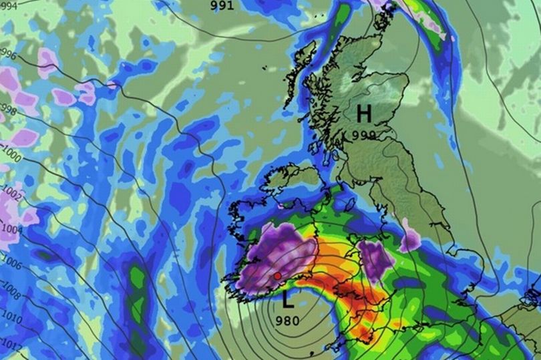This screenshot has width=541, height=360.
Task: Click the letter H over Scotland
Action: [x=365, y=113]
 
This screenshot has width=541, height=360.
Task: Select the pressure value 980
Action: [x=287, y=320]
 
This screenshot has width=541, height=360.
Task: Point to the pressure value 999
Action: [x=364, y=134]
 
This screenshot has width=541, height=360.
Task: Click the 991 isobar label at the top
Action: [x=222, y=5]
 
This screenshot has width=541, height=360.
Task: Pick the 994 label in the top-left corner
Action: [x=8, y=4]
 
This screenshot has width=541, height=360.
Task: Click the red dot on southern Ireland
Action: [x=277, y=275]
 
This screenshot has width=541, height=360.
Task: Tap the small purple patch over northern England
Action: [x=410, y=238]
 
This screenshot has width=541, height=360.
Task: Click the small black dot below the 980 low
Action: [x=312, y=352]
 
